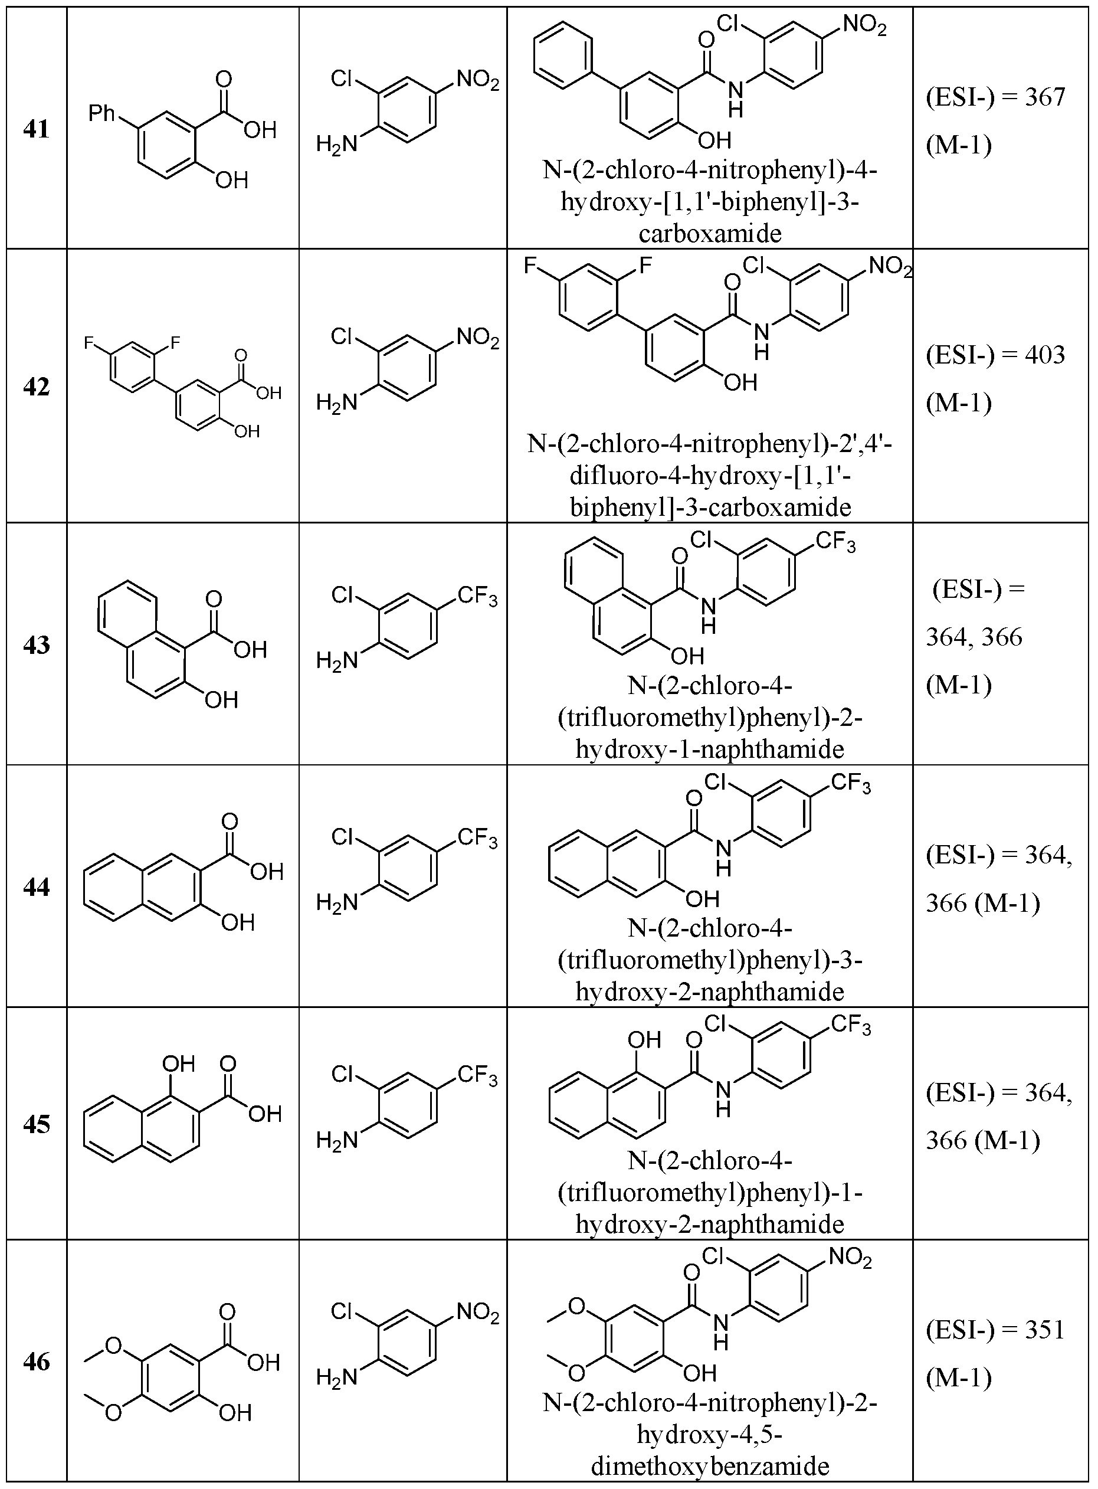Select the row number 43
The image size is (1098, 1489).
click(x=37, y=645)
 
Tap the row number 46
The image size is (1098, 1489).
click(x=37, y=1361)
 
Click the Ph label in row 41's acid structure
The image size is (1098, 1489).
click(x=102, y=114)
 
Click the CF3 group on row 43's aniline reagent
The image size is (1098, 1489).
click(x=477, y=596)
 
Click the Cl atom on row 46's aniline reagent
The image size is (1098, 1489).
click(x=342, y=1310)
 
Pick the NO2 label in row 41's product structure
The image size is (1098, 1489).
click(x=864, y=27)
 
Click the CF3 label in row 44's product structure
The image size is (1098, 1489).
click(x=851, y=783)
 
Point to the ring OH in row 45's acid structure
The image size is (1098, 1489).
click(x=179, y=1063)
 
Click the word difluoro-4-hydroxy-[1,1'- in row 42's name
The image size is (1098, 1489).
click(x=710, y=476)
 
